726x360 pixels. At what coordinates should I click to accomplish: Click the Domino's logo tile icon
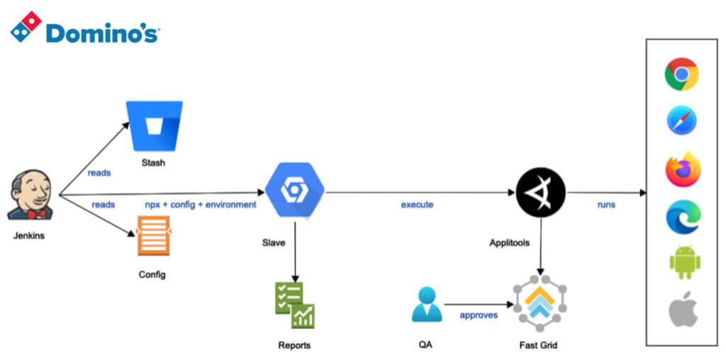(26, 26)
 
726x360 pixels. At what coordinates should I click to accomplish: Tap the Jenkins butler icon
(30, 195)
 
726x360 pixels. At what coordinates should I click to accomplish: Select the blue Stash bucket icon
(154, 125)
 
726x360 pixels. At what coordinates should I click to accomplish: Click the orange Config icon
(154, 235)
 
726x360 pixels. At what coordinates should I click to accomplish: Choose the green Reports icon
(294, 305)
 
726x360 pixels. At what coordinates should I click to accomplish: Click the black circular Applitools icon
(541, 192)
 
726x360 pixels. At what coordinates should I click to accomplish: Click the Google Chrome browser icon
(681, 74)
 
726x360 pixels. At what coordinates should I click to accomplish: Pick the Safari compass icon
(681, 120)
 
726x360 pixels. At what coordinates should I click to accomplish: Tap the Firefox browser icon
(682, 169)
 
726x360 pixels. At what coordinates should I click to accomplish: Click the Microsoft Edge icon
(683, 217)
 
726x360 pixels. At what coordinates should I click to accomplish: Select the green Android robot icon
(684, 261)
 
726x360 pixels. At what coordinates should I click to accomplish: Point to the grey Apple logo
(683, 310)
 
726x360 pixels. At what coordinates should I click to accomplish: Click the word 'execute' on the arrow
(417, 205)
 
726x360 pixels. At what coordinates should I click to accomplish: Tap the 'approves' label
(479, 315)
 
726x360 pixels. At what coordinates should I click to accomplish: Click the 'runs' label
(605, 205)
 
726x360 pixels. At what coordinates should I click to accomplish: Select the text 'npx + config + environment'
(200, 205)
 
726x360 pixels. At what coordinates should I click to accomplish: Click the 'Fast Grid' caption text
(540, 345)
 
